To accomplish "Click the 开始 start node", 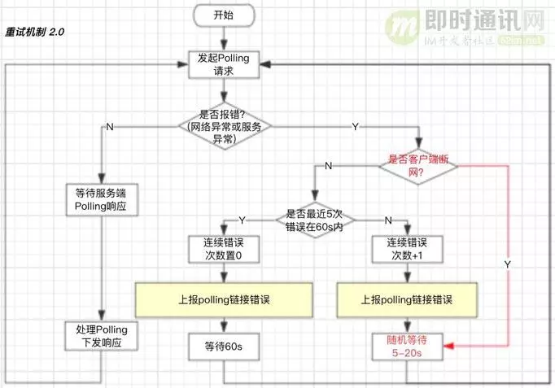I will point(224,15).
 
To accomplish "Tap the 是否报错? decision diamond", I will point(224,127).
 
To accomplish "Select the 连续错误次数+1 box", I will point(404,250).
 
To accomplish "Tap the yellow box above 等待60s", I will point(224,300).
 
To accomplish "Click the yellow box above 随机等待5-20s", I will point(404,300).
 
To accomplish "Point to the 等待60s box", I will point(224,347).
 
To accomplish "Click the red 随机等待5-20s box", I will point(404,347).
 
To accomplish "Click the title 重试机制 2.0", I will point(35,33).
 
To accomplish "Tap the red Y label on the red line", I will point(509,266).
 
